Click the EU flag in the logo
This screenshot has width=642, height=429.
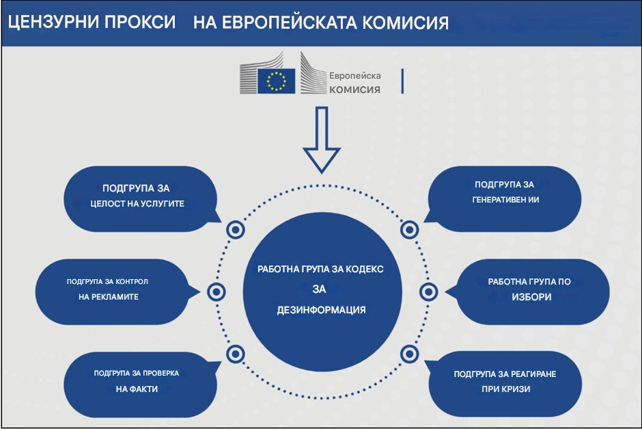[x=277, y=81]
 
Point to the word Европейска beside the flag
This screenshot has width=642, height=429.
[x=354, y=75]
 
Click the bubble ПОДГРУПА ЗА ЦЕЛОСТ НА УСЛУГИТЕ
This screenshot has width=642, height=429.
[x=143, y=196]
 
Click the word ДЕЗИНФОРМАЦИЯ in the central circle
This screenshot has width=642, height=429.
[x=321, y=310]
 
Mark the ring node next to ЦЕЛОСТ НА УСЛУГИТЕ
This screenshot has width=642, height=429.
[x=234, y=231]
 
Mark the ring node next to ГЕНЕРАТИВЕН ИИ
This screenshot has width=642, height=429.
[x=409, y=231]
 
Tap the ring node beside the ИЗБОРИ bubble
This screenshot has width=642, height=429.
[x=428, y=292]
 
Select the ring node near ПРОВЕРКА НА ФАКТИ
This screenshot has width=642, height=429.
[x=234, y=354]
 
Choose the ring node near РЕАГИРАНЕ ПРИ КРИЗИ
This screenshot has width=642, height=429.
[x=409, y=354]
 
